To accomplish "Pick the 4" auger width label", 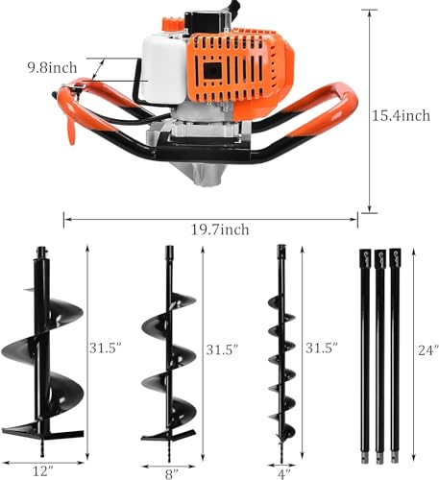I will (x=282, y=470).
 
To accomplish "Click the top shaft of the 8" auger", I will (x=169, y=264).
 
